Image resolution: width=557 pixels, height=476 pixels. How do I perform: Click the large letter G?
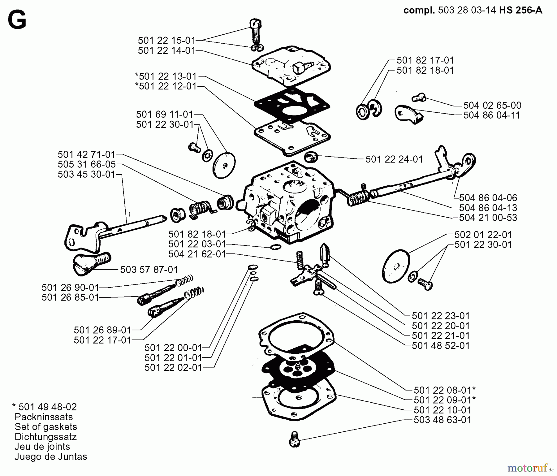17,21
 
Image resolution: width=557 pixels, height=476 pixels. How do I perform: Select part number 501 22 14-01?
166,51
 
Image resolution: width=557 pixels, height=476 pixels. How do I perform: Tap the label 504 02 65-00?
492,105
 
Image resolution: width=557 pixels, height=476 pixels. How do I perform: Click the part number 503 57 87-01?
149,270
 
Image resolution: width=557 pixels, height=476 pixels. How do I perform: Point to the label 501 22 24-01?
394,159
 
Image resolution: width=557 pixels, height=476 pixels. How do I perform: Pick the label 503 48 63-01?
442,420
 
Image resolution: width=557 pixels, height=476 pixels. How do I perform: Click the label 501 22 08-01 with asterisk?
444,390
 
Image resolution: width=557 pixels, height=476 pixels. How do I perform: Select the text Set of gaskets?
46,427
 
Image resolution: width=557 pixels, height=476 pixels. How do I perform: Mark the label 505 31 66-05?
87,164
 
